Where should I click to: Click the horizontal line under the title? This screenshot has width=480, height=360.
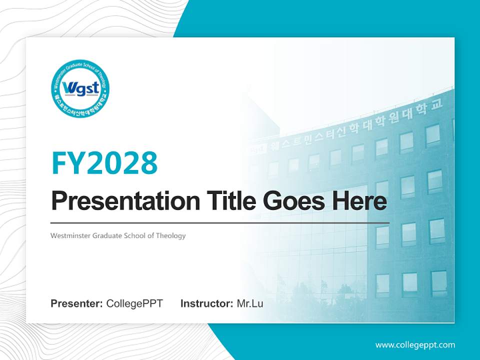tap(220, 222)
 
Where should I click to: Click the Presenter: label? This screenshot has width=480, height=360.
tap(77, 303)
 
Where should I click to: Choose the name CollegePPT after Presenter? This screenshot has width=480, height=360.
tap(134, 303)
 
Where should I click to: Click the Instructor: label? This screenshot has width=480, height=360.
tap(206, 303)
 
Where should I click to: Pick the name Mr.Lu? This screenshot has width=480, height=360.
tap(250, 303)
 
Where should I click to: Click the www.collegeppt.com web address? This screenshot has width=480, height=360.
tap(415, 344)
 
